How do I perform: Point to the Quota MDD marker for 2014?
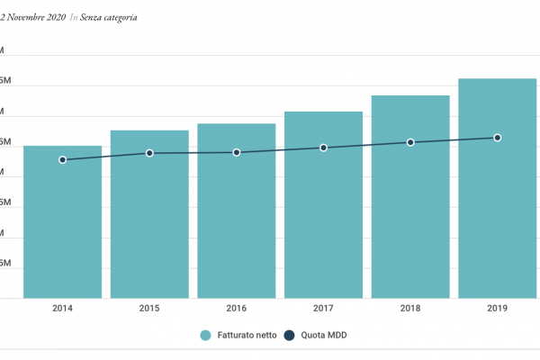tap(62, 159)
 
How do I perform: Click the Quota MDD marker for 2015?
tap(149, 153)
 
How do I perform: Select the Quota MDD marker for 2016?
tap(237, 152)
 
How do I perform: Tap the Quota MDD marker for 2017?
tap(323, 148)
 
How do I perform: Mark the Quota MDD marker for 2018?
tap(410, 142)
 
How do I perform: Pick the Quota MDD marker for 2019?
tap(498, 138)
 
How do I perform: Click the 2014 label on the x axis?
tap(62, 309)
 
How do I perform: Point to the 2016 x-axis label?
tap(237, 309)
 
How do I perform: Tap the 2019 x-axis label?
tap(498, 309)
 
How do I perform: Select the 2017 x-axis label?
tap(323, 309)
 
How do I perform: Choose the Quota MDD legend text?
tap(323, 336)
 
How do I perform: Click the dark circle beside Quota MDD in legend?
tap(291, 336)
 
